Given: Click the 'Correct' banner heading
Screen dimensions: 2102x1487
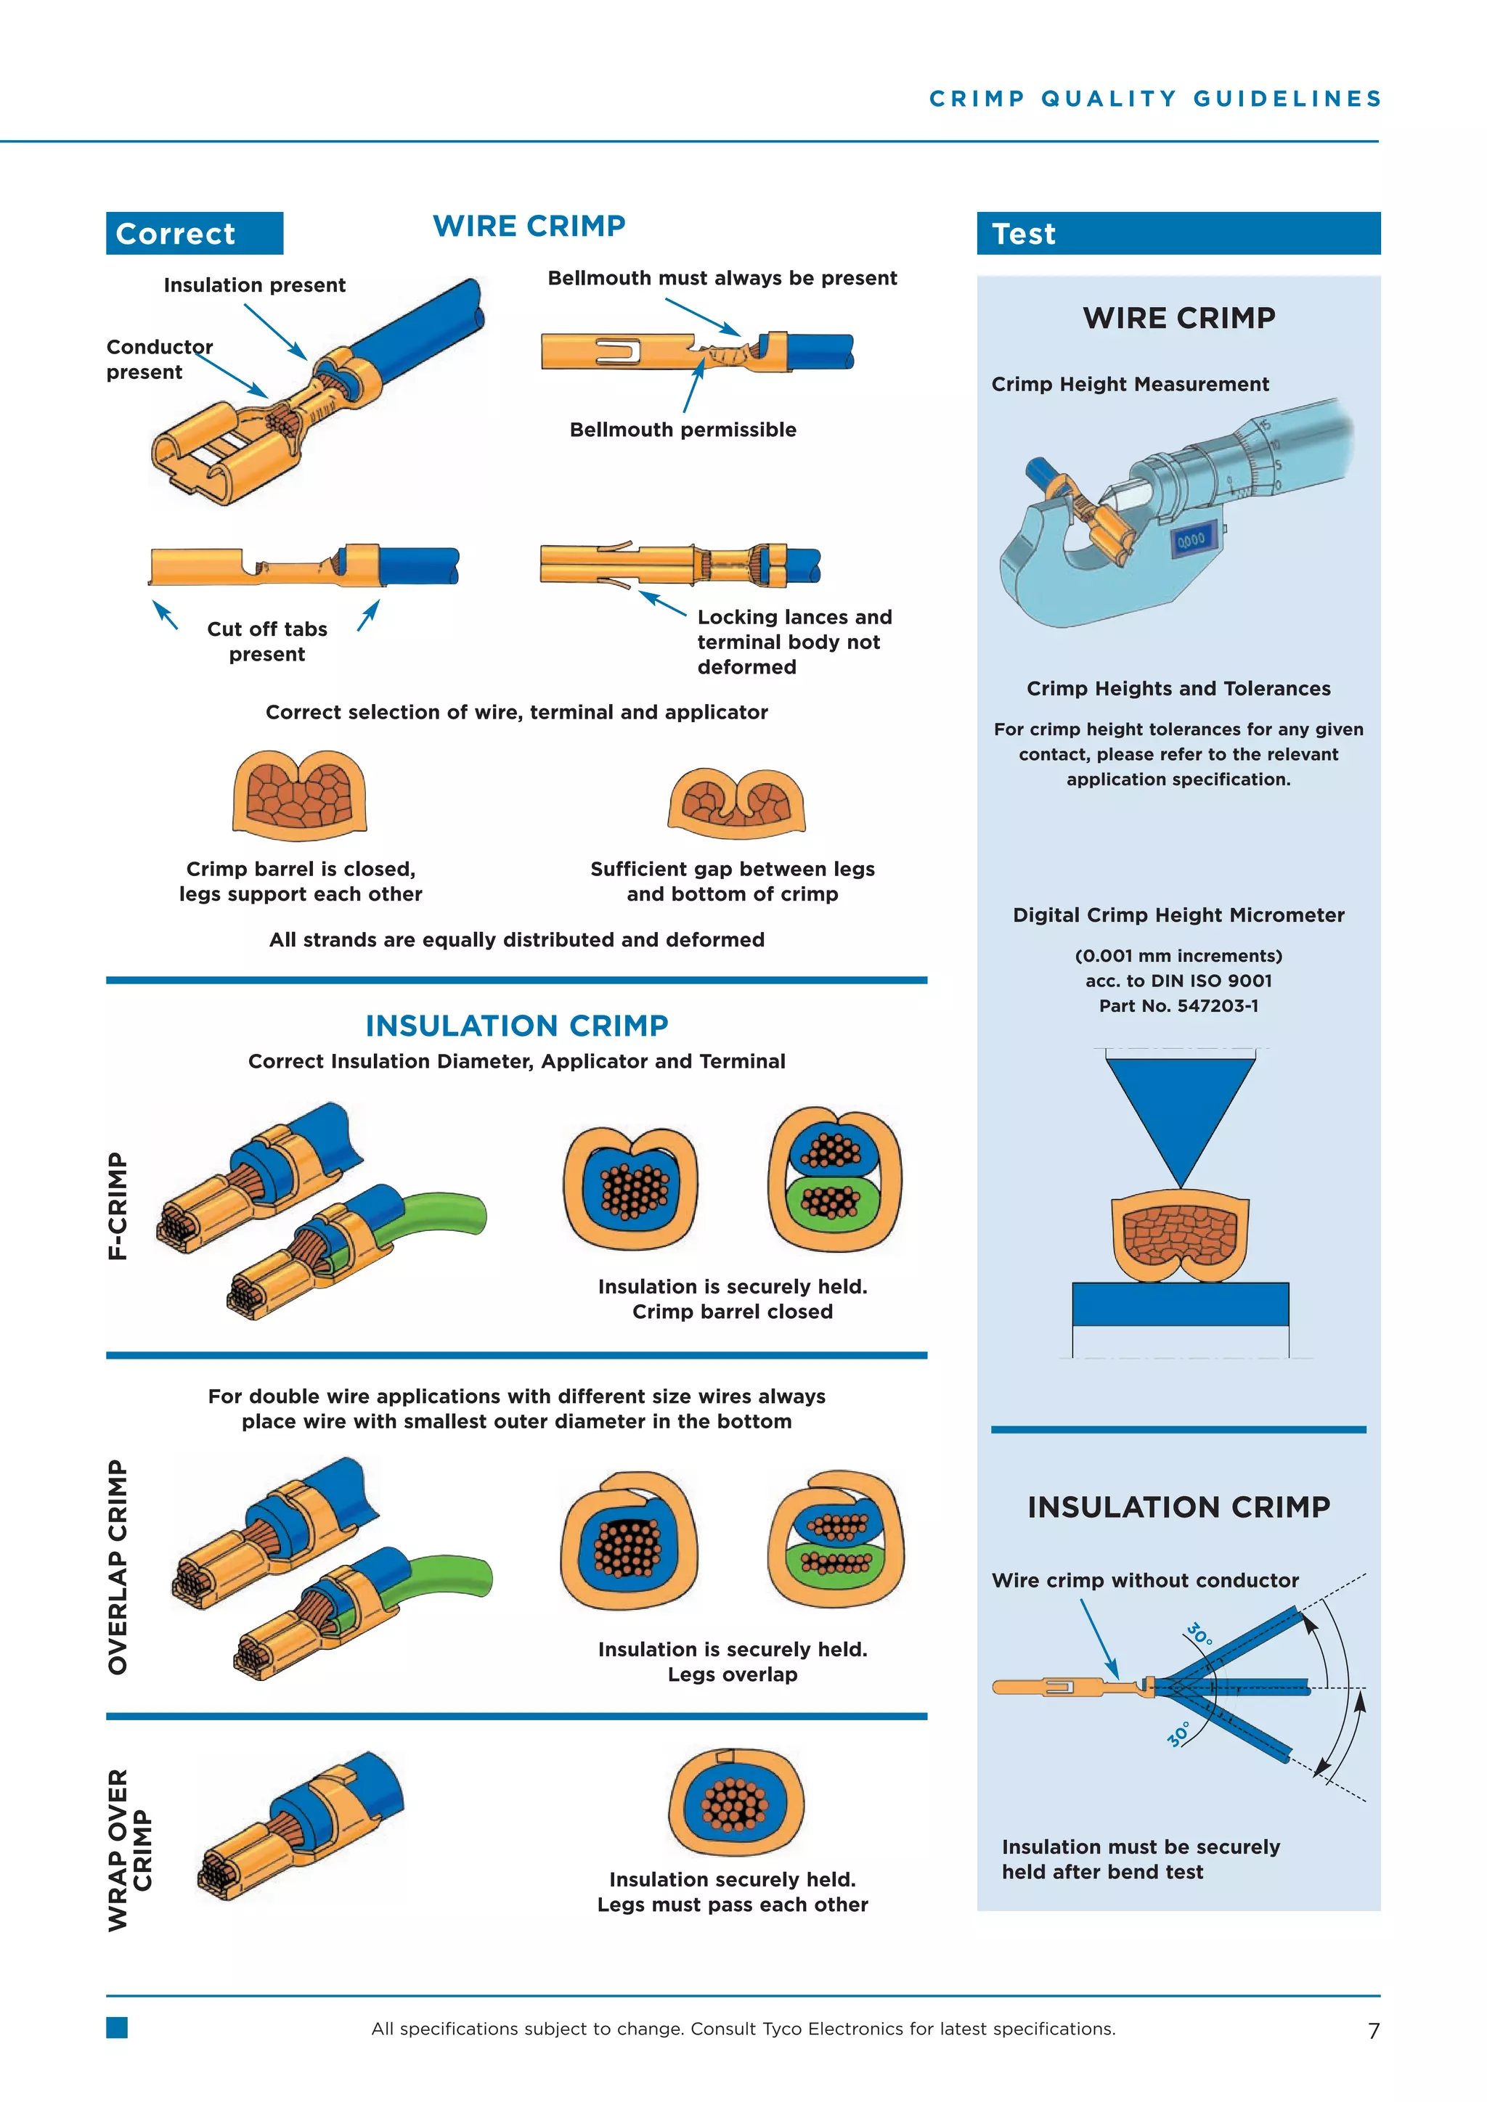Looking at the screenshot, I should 176,234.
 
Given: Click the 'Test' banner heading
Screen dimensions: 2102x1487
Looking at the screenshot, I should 1024,234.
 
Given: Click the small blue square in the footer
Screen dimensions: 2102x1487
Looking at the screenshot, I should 116,2027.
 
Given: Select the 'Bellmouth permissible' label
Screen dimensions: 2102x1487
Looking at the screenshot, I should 683,430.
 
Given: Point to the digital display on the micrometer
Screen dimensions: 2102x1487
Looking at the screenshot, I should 1191,540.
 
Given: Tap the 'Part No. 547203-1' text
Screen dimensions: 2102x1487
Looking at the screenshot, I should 1178,1005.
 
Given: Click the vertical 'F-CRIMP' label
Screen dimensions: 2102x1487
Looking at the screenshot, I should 118,1206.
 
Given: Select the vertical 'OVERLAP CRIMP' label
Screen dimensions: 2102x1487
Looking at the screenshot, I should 118,1566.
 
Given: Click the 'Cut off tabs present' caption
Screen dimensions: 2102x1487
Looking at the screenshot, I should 266,641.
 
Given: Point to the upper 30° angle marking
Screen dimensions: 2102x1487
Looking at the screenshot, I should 1199,1634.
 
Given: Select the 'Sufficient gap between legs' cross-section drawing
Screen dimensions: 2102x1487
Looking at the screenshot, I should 736,802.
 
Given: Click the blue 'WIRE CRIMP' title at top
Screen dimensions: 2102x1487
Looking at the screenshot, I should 529,226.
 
